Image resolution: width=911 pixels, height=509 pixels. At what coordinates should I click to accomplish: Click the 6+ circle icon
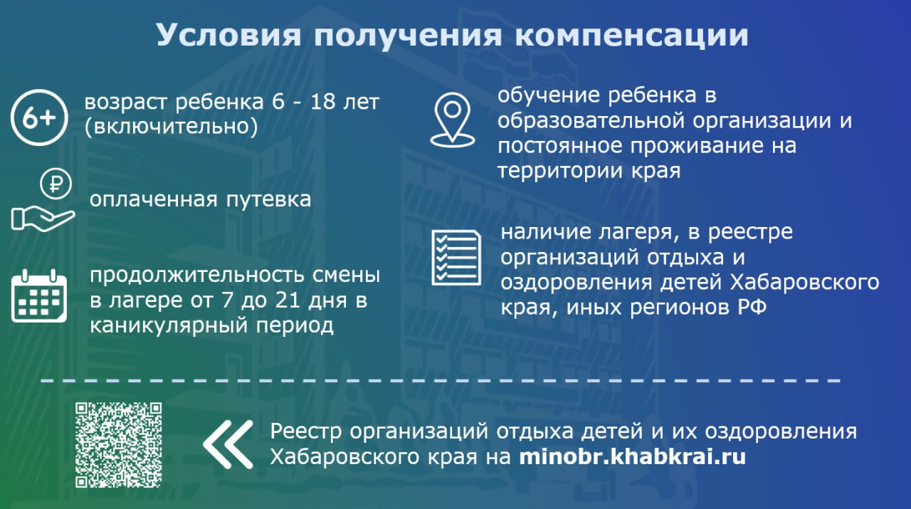39,117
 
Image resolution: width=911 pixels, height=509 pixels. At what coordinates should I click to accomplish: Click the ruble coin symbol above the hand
56,184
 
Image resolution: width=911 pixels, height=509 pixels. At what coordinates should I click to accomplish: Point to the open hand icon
43,219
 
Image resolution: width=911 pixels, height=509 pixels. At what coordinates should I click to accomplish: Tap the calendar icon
39,296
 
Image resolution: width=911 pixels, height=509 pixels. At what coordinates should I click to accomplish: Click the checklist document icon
456,258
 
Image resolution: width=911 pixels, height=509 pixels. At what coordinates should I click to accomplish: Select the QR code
118,445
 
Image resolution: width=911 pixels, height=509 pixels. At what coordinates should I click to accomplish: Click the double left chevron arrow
228,445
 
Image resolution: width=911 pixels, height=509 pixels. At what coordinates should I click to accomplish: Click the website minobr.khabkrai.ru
633,456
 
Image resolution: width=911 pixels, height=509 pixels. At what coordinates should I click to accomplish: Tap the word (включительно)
172,127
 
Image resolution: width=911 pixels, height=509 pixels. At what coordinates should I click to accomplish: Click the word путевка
268,200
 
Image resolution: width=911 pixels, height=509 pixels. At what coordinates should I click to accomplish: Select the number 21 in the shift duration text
288,300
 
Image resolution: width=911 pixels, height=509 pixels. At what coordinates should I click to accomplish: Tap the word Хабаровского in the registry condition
804,283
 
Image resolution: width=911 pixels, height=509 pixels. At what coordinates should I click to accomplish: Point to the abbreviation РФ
752,308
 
